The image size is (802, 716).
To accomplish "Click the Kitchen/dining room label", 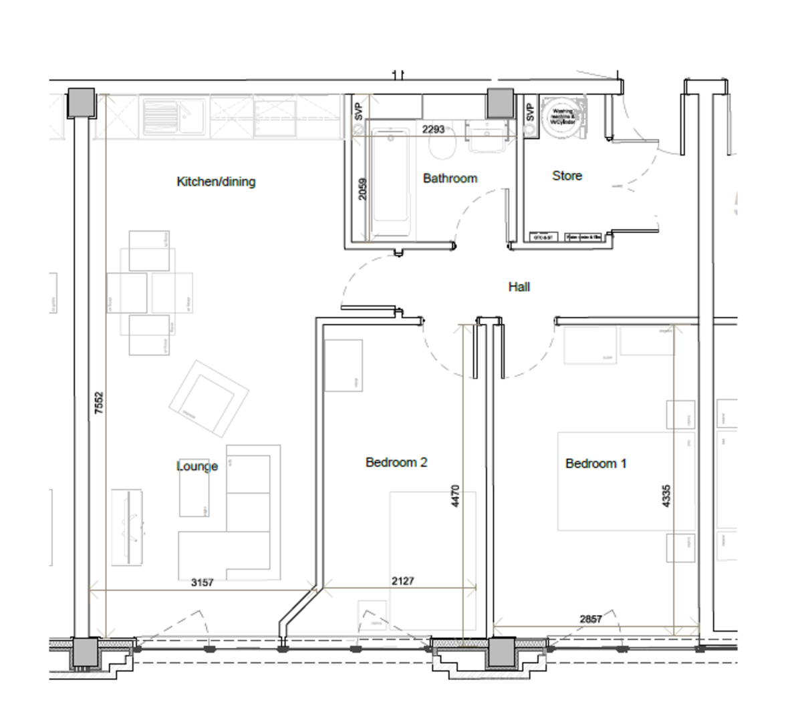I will [216, 182].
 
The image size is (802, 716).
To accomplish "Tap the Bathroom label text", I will [450, 178].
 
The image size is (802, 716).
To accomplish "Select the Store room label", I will [567, 176].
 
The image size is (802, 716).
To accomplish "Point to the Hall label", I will [519, 287].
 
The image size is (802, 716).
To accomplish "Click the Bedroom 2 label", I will [396, 462].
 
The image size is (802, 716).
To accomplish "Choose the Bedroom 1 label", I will [595, 464].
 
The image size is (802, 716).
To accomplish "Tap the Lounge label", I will [197, 466].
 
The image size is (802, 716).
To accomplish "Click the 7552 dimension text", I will [99, 403].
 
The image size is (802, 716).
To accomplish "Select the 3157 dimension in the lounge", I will [202, 582].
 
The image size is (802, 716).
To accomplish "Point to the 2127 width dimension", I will [402, 581].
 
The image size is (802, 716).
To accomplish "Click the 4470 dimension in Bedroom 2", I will [456, 496].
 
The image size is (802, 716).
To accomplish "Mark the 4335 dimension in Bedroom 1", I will [666, 496].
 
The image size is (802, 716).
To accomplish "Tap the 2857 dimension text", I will [591, 619].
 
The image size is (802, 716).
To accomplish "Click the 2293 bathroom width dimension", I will [433, 129].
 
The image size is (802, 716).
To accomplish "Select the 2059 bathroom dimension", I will [363, 188].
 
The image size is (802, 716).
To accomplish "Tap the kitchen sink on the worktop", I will [160, 116].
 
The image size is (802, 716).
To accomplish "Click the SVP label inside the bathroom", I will [358, 111].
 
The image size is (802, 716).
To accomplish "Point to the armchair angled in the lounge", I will [209, 399].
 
